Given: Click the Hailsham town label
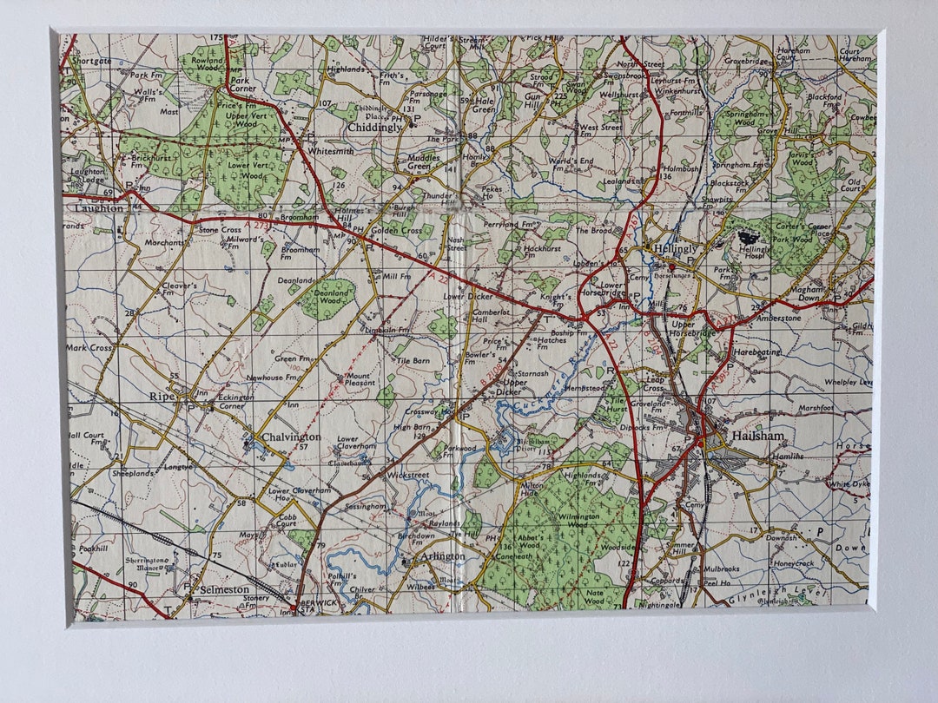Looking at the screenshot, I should (x=756, y=436).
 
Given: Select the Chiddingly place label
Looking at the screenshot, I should (x=374, y=128).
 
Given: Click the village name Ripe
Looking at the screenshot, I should (x=162, y=396).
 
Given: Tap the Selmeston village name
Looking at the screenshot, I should (x=224, y=589).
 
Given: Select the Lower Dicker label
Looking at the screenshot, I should (x=468, y=296).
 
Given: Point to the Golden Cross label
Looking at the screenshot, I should (x=397, y=231).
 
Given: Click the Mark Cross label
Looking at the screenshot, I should (x=90, y=347).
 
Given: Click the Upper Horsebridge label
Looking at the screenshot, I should (x=693, y=329).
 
